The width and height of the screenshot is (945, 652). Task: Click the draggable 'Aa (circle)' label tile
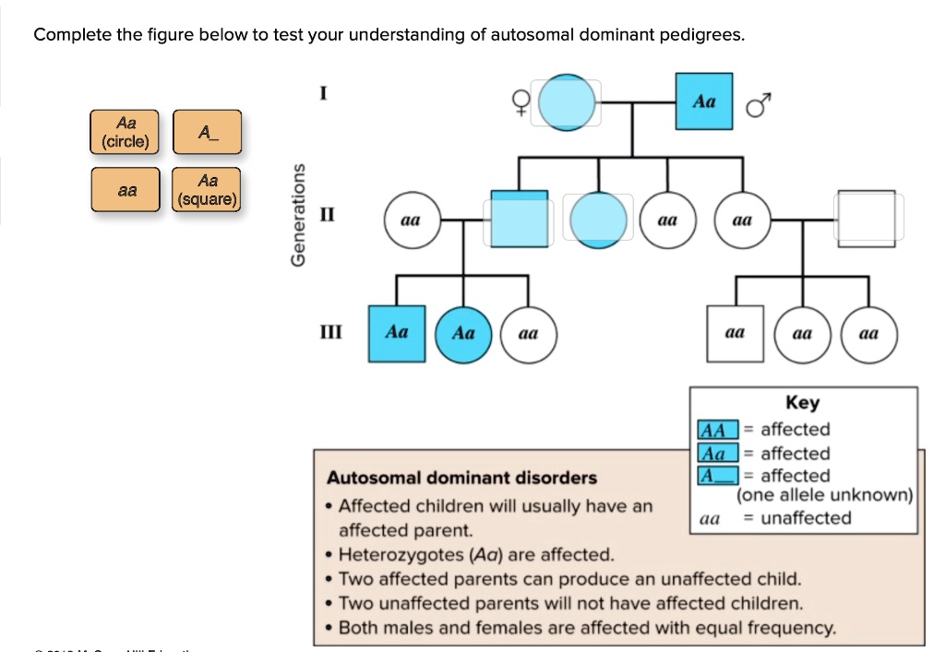[x=126, y=133]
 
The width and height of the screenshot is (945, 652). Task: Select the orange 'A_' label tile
[x=207, y=132]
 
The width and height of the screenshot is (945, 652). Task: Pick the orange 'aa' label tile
[x=126, y=190]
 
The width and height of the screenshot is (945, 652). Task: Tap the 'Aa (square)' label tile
[x=207, y=189]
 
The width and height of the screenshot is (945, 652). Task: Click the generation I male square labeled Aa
[x=704, y=101]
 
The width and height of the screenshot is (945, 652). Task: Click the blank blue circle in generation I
[x=568, y=102]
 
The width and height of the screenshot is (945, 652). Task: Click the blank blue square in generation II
[x=519, y=219]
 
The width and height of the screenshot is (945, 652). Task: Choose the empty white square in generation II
[x=866, y=219]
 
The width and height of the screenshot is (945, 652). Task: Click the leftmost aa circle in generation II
[x=411, y=221]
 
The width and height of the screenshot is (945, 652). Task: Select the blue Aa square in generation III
[x=397, y=333]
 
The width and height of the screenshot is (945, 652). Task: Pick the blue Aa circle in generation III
[x=462, y=333]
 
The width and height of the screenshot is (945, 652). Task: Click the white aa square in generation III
[x=736, y=333]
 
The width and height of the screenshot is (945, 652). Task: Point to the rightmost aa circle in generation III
[x=867, y=334]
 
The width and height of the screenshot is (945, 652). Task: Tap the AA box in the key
[x=718, y=430]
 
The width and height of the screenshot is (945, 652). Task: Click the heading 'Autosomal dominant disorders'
[x=461, y=478]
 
